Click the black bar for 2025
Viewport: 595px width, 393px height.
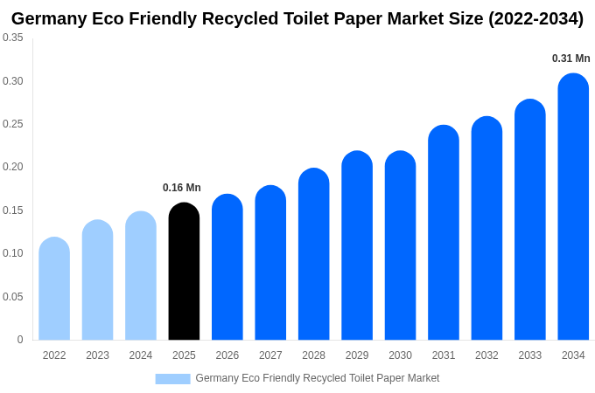pyautogui.click(x=184, y=272)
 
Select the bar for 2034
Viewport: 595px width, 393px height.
pyautogui.click(x=573, y=207)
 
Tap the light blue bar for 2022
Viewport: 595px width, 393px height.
pyautogui.click(x=54, y=289)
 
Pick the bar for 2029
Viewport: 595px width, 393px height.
pyautogui.click(x=357, y=245)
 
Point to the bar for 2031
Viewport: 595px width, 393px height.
pyautogui.click(x=444, y=233)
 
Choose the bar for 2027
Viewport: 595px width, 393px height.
pyautogui.click(x=270, y=263)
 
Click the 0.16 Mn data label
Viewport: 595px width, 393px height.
pyautogui.click(x=182, y=188)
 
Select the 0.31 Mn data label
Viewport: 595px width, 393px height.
pyautogui.click(x=570, y=59)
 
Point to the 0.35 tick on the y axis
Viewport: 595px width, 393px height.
pyautogui.click(x=13, y=38)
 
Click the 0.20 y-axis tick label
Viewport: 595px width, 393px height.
pyautogui.click(x=13, y=167)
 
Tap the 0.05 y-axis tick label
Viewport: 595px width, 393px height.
pyautogui.click(x=13, y=297)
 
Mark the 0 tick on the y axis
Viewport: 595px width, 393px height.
pyautogui.click(x=20, y=340)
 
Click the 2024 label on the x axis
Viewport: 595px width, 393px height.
pyautogui.click(x=141, y=355)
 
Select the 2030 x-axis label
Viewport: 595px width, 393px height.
pyautogui.click(x=400, y=355)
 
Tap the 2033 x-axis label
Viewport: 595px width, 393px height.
pyautogui.click(x=530, y=355)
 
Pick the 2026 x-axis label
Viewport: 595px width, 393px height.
pyautogui.click(x=227, y=355)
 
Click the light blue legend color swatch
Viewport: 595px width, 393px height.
pyautogui.click(x=172, y=378)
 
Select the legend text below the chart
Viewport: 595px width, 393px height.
pyautogui.click(x=317, y=378)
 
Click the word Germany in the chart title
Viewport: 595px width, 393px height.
pyautogui.click(x=49, y=18)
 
